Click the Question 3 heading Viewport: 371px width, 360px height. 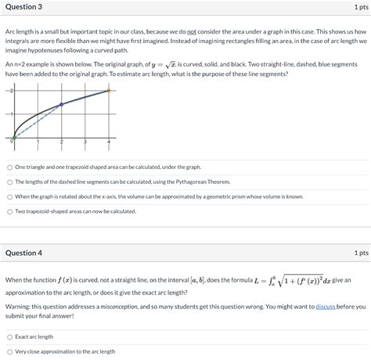(x=23, y=7)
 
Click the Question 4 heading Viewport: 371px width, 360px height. (x=23, y=253)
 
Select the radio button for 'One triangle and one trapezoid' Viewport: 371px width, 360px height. (x=9, y=167)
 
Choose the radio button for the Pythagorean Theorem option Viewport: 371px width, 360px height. (x=9, y=182)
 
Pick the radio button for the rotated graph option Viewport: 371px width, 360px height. (x=9, y=196)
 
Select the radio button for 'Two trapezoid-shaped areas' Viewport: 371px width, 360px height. (x=9, y=211)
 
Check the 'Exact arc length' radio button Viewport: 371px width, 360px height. (x=9, y=337)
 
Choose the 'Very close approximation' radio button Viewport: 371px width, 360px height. (x=9, y=351)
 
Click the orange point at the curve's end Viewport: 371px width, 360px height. (x=109, y=91)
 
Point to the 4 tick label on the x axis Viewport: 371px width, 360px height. (x=109, y=142)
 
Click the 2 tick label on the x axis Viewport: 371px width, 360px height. (x=61, y=142)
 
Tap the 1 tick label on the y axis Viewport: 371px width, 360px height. (x=10, y=114)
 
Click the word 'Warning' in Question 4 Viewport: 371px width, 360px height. (x=17, y=306)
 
